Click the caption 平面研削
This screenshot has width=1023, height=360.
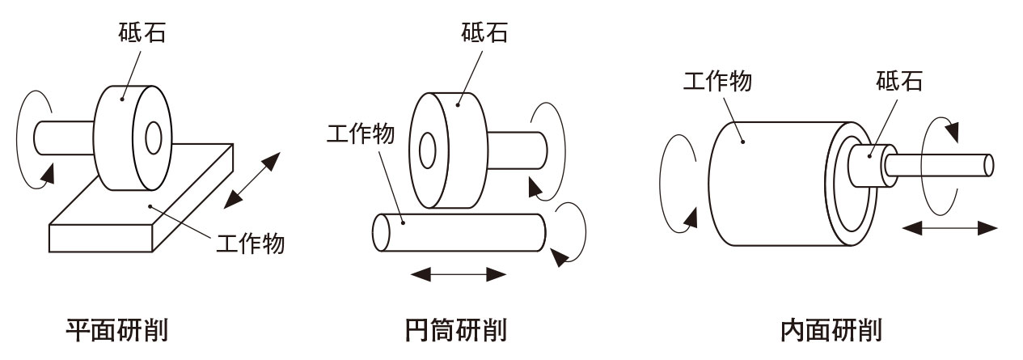pos(117,331)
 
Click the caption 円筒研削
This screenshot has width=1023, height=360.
pos(454,331)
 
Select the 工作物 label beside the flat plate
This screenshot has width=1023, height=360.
pos(251,242)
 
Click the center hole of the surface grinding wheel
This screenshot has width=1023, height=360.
pos(154,138)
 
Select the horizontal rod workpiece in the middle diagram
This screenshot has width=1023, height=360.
pos(461,232)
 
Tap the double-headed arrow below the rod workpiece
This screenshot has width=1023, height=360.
pos(459,274)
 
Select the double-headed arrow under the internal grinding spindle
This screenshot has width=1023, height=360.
pos(949,229)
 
